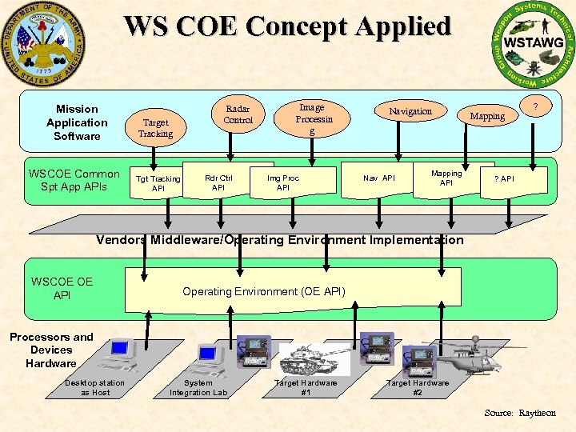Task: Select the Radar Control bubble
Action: tap(238, 114)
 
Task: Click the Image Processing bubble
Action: tap(311, 118)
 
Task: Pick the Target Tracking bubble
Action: tap(155, 128)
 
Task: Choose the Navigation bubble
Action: tap(410, 111)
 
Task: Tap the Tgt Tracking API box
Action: tap(158, 183)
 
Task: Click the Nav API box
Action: tap(379, 178)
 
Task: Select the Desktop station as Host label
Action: tap(95, 387)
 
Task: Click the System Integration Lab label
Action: tap(198, 387)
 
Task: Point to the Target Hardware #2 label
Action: tap(418, 387)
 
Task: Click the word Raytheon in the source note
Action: tap(538, 413)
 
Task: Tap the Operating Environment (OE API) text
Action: tap(264, 291)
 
